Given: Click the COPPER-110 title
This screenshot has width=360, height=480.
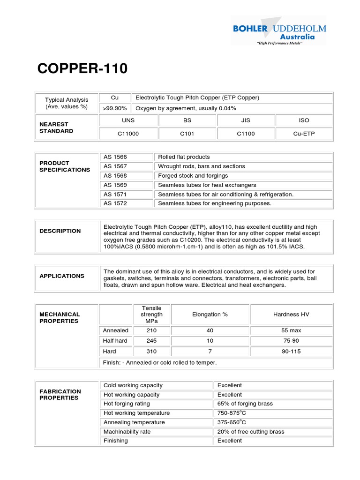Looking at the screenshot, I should pos(82,68).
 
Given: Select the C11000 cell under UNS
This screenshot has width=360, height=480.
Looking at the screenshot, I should pos(128,134).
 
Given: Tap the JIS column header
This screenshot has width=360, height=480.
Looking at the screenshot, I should pos(246,120).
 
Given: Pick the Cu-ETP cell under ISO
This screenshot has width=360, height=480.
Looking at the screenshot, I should pos(304,134).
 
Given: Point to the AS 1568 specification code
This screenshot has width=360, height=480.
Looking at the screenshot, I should pos(115,176).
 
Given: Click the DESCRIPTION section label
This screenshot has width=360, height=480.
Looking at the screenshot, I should pos(60,231).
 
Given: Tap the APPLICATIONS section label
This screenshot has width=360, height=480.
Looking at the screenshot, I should pos(62,276).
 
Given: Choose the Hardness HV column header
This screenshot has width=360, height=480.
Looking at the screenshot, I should pos(291,315).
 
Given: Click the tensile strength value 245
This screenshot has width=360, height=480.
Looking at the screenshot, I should pos(151,341).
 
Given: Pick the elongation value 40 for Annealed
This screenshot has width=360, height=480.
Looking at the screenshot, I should pos(210,330).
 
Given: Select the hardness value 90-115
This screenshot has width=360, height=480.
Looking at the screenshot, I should pos(291,351).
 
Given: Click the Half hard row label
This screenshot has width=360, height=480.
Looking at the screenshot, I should pos(115,341).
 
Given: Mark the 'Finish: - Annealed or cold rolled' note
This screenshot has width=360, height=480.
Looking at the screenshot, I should pos(160,362).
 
